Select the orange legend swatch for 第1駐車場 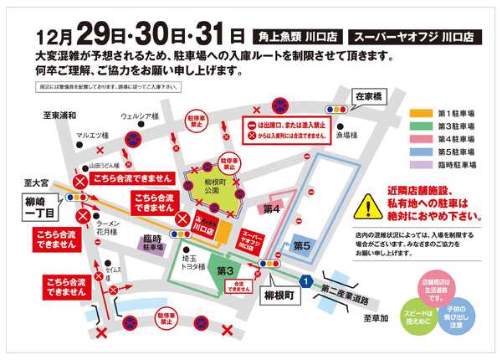(x=422, y=112)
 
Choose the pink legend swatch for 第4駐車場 (x=422, y=139)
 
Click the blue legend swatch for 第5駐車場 (x=422, y=152)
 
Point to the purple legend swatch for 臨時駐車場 (x=422, y=166)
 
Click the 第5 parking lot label (x=302, y=245)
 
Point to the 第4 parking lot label (x=270, y=208)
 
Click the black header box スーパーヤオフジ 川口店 (x=413, y=37)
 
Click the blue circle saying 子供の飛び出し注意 (x=458, y=317)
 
